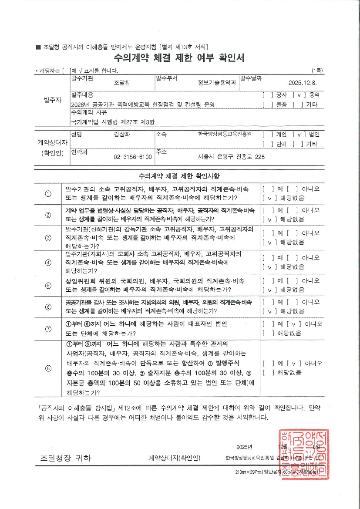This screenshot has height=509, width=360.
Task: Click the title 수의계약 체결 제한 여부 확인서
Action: point(179,58)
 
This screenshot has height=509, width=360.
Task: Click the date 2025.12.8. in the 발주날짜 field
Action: point(304,83)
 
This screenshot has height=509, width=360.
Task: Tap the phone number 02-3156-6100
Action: point(132,156)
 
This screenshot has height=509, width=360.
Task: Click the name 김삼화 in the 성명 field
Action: point(121,135)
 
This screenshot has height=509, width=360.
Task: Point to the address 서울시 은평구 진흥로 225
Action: point(231,156)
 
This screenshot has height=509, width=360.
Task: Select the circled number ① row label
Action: point(48,194)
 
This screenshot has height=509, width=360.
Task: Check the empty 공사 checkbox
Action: point(266,94)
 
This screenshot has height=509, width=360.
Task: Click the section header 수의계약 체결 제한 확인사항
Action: point(179,176)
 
